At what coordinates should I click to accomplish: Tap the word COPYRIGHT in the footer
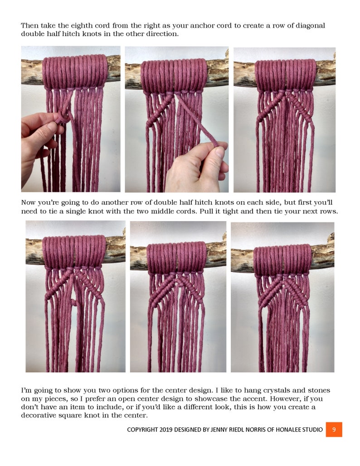[x=143, y=429]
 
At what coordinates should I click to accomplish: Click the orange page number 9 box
[x=334, y=429]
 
